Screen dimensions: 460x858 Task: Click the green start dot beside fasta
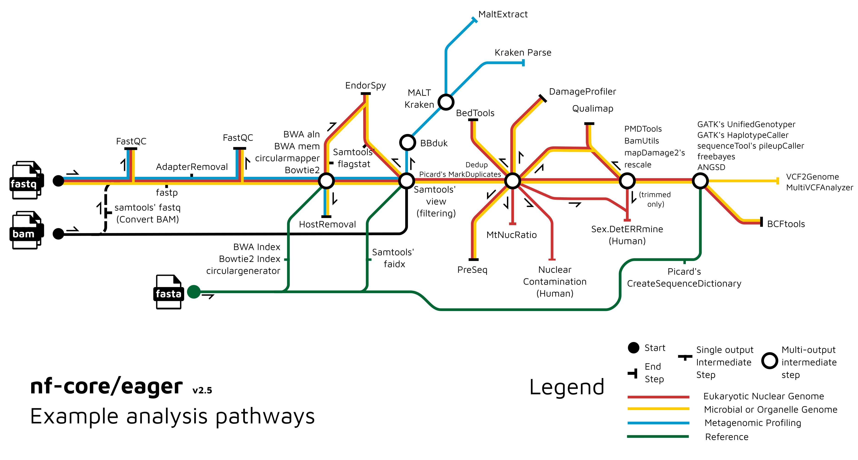click(x=194, y=292)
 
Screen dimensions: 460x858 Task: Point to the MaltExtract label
click(x=503, y=14)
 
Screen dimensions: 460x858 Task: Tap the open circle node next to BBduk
click(x=407, y=142)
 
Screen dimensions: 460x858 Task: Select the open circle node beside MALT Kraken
click(x=446, y=102)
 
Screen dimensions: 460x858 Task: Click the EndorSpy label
click(x=365, y=85)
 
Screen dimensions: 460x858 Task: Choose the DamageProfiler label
click(x=582, y=92)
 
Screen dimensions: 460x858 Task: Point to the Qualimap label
click(x=592, y=109)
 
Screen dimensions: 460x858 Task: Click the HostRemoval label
click(x=327, y=224)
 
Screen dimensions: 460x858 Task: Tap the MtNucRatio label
click(x=511, y=235)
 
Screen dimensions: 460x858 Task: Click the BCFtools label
click(x=786, y=224)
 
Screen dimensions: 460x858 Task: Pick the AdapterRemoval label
click(x=192, y=167)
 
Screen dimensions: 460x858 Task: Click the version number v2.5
click(x=202, y=390)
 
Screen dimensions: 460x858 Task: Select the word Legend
click(x=567, y=387)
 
